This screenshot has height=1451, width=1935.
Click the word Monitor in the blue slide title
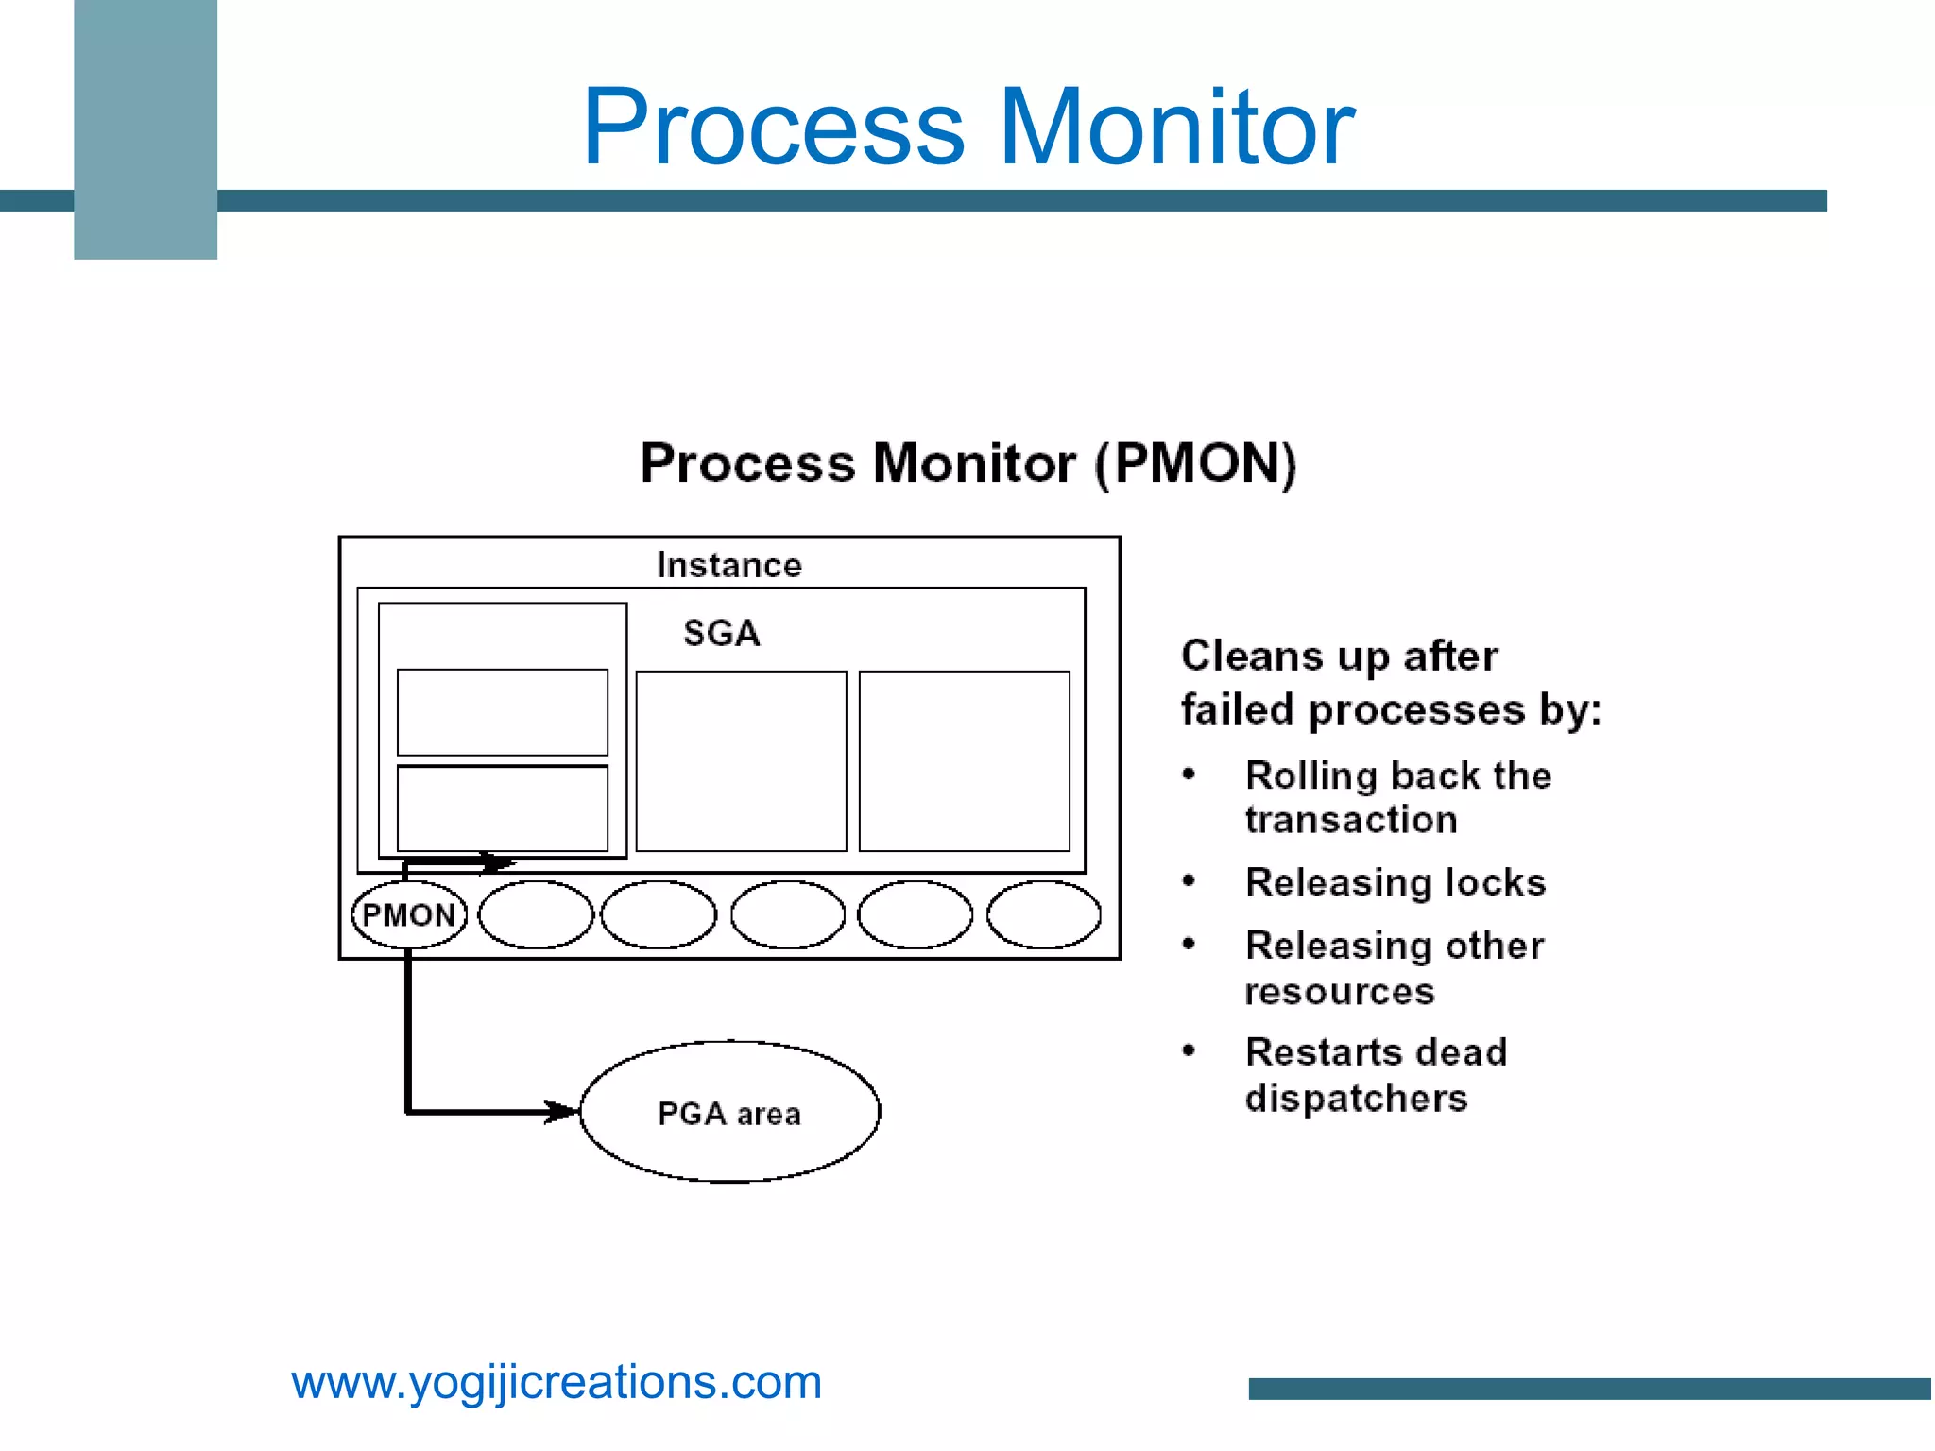pyautogui.click(x=1176, y=128)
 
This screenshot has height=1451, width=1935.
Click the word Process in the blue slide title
pyautogui.click(x=773, y=128)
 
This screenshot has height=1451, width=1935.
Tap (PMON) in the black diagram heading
pyautogui.click(x=1195, y=463)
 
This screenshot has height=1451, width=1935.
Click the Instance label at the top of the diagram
pyautogui.click(x=729, y=565)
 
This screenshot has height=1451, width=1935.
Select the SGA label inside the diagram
pyautogui.click(x=722, y=633)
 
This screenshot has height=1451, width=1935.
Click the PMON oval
pyautogui.click(x=408, y=914)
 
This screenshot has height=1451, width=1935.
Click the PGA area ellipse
pyautogui.click(x=729, y=1113)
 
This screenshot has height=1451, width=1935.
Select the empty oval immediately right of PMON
pyautogui.click(x=536, y=914)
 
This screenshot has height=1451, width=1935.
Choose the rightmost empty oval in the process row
pyautogui.click(x=1043, y=914)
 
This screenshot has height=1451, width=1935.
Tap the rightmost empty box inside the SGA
pyautogui.click(x=964, y=761)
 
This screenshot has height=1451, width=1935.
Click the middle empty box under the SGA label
pyautogui.click(x=741, y=761)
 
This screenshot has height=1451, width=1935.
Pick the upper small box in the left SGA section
pyautogui.click(x=502, y=712)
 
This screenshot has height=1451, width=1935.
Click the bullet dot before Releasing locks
pyautogui.click(x=1189, y=881)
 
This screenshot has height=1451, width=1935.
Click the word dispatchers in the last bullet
pyautogui.click(x=1356, y=1099)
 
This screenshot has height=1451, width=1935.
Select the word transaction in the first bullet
pyautogui.click(x=1351, y=820)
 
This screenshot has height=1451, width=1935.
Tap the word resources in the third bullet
pyautogui.click(x=1340, y=992)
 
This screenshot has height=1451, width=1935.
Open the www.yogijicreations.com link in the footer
pyautogui.click(x=557, y=1382)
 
